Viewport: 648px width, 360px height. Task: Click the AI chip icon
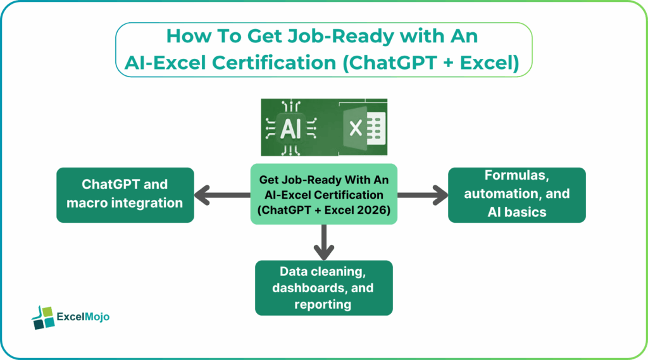tap(290, 128)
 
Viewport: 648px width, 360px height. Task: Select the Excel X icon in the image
tap(356, 128)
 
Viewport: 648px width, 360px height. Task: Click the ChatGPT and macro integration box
tap(125, 194)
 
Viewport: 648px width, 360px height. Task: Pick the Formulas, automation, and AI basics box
tap(516, 194)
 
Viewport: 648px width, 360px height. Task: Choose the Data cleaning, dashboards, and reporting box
tap(323, 288)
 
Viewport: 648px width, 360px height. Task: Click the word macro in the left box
tap(90, 203)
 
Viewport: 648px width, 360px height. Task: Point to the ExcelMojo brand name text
tap(83, 317)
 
